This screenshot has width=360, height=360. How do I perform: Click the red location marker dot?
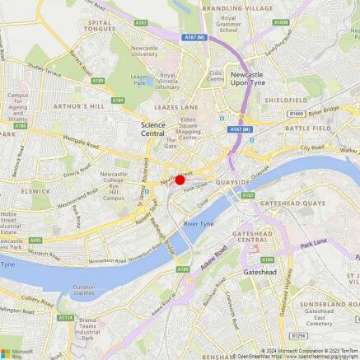180,180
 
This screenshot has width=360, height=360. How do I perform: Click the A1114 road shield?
65,317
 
